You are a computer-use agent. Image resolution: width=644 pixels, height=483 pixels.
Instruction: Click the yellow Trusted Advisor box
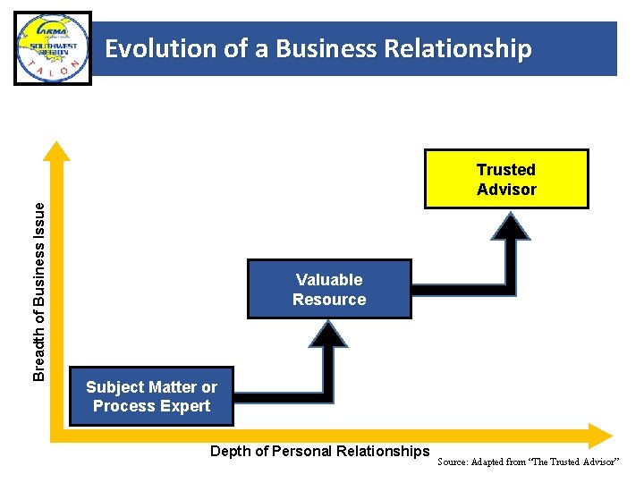[x=506, y=179]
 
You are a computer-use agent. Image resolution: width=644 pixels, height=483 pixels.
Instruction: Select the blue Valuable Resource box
[x=329, y=289]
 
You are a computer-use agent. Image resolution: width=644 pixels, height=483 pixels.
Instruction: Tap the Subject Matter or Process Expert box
[x=151, y=396]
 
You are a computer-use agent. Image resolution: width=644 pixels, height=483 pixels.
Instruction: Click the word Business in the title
[x=317, y=48]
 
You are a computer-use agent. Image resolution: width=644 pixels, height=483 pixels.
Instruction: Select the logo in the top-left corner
[x=53, y=48]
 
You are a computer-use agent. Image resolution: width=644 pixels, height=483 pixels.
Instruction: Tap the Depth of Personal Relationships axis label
[x=319, y=451]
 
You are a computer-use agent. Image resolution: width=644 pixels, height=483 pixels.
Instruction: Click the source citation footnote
[x=528, y=462]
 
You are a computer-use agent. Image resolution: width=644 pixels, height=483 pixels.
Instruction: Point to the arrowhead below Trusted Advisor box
[x=510, y=225]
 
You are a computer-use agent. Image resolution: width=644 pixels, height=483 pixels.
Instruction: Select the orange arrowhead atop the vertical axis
[x=58, y=152]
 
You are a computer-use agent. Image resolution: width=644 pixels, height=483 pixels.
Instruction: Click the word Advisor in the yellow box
[x=506, y=189]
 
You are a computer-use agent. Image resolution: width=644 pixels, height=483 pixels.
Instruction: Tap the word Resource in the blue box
[x=329, y=300]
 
